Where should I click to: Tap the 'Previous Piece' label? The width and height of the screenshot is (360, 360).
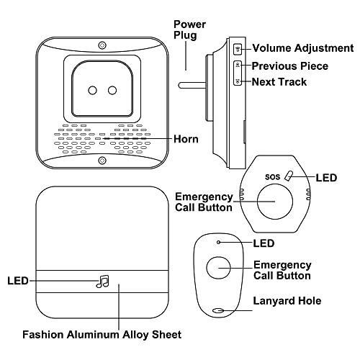click(290, 66)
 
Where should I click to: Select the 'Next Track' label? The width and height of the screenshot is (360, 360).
click(279, 82)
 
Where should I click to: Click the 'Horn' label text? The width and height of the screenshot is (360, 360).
click(186, 138)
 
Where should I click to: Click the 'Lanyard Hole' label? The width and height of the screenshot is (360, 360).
click(287, 301)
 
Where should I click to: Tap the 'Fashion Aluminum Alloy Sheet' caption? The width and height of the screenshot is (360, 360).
click(102, 334)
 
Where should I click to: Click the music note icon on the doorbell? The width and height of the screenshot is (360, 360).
click(102, 282)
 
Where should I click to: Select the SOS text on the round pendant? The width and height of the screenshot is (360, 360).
click(272, 176)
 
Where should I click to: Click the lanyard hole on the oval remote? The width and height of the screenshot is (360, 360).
click(219, 312)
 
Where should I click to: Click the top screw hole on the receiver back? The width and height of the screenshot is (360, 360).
click(102, 45)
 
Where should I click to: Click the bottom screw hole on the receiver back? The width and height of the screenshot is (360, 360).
click(102, 159)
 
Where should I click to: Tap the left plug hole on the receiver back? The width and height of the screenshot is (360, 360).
click(92, 89)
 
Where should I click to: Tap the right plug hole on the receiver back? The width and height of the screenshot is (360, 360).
click(112, 89)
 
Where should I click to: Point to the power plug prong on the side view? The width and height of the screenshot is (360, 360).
click(190, 84)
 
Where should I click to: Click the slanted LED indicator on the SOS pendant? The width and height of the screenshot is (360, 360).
click(288, 176)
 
